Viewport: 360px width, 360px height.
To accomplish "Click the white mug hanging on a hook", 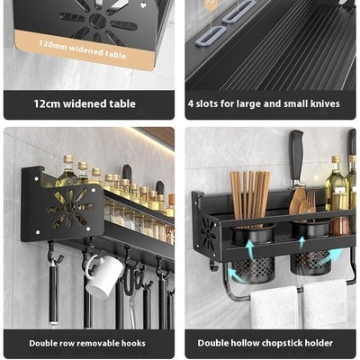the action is [103, 275].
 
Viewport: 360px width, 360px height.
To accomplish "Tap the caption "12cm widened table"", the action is [85, 103].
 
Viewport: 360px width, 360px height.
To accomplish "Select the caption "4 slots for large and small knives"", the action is [264, 103].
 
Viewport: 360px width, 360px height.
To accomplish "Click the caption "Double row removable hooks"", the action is [87, 343].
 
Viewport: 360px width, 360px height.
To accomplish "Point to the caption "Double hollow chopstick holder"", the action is [265, 343].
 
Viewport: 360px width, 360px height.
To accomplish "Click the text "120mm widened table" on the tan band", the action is [82, 49].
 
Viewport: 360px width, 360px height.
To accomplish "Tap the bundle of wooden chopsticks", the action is [250, 195].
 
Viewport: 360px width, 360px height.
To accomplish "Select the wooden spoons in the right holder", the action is [301, 204].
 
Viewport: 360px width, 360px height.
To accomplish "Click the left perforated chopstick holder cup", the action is [254, 255].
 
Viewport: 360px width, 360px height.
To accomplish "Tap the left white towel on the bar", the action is [274, 307].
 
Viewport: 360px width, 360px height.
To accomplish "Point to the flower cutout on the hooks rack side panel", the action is [70, 207].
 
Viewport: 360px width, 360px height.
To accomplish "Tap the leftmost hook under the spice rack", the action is [54, 255].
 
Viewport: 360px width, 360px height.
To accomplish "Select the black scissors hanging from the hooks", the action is [134, 282].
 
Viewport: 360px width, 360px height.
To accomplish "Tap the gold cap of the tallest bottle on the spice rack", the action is [68, 159].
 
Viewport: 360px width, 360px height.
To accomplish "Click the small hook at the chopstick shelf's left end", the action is [213, 265].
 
